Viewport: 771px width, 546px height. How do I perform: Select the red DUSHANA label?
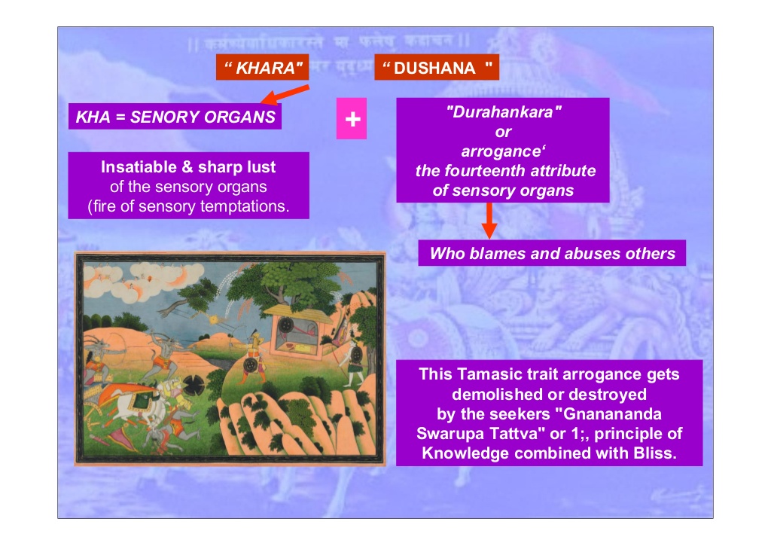click(x=437, y=68)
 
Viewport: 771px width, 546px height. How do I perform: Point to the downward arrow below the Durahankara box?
click(x=489, y=221)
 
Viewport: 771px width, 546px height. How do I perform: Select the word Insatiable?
click(x=138, y=167)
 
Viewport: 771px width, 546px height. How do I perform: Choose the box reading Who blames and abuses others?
click(x=552, y=254)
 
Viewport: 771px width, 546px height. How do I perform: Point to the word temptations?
click(x=242, y=206)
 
